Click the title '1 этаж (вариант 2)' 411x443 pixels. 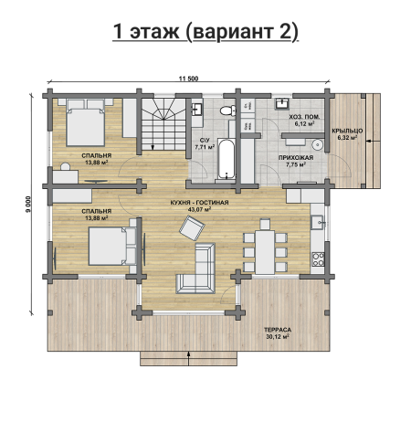point(205,32)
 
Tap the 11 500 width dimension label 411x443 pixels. point(188,79)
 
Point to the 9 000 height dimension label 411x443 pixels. point(28,204)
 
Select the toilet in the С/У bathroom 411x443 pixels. point(228,111)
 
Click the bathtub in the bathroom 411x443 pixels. point(227,159)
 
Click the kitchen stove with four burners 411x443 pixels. point(318,259)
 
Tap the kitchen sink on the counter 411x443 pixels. point(317,222)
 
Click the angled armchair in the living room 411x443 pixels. point(192,228)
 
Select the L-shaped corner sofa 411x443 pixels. point(196,269)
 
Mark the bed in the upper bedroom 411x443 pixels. point(86,122)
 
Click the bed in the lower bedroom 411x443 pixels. point(112,246)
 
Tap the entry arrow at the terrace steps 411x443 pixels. point(189,358)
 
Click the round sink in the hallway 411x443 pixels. point(317,145)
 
